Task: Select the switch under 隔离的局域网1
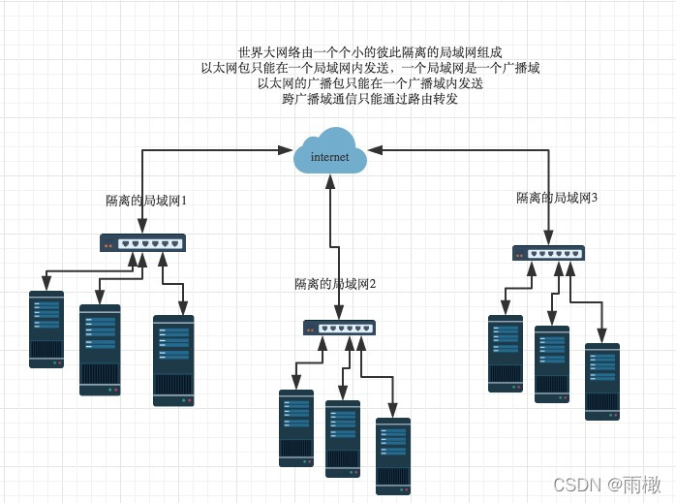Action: pos(143,243)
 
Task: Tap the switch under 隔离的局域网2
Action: pos(339,328)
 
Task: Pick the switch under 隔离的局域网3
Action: pos(548,254)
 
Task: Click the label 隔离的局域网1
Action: pos(145,201)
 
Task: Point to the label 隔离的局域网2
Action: pos(334,284)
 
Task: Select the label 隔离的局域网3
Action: pos(557,198)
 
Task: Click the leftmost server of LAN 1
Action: pos(46,329)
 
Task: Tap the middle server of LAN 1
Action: pos(100,350)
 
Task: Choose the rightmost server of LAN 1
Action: pos(173,360)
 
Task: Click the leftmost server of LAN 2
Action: pos(296,428)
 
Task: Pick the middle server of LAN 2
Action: pos(343,439)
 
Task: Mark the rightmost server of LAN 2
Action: pos(393,456)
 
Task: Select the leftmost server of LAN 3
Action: pos(506,353)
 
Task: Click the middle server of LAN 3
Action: pos(552,363)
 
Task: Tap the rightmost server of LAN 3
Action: pos(602,381)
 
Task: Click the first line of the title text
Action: pos(370,52)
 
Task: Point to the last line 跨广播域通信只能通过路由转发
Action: pos(370,99)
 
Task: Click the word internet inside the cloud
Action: pos(329,157)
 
